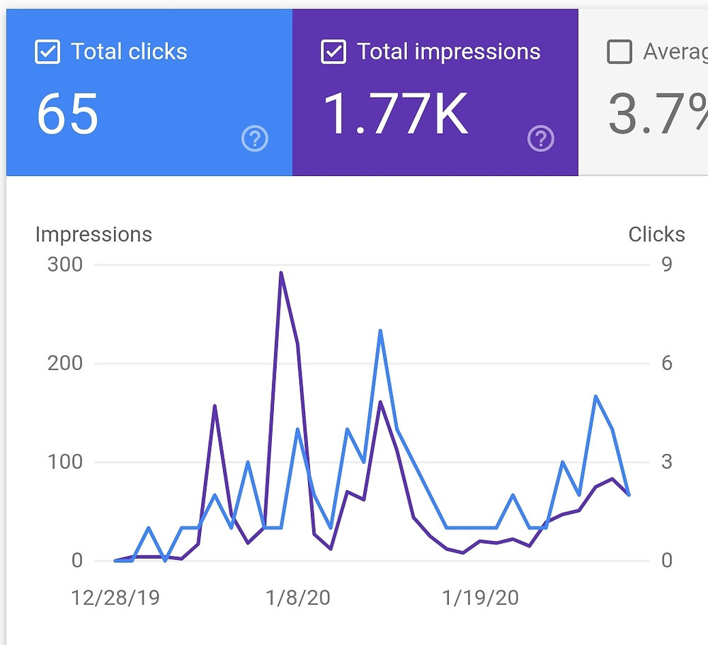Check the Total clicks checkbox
coord(47,52)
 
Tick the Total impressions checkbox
coord(333,52)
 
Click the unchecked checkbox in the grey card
coord(619,52)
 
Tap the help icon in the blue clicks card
coord(255,139)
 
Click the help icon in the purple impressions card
coord(541,139)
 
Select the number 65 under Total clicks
coord(67,114)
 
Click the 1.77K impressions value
coord(395,114)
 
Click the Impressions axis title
coord(93,235)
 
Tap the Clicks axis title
coord(656,235)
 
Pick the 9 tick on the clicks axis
coord(666,265)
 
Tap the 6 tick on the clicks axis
coord(666,364)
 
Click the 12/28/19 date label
coord(115,598)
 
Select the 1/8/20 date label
coord(298,598)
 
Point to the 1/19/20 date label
coord(481,598)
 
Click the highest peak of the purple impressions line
coord(281,273)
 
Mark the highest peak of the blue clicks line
coord(380,331)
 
